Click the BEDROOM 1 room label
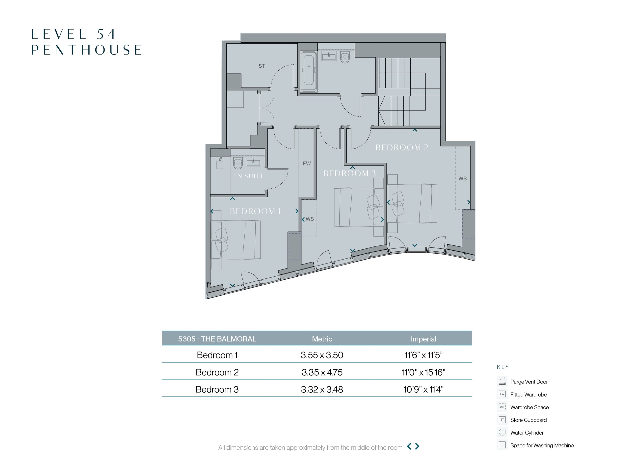(x=255, y=211)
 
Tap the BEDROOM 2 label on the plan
(x=401, y=147)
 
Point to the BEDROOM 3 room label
(x=349, y=173)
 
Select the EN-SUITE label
(x=249, y=176)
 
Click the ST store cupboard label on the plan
(x=262, y=66)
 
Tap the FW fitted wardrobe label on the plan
(x=307, y=164)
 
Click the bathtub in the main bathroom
(x=309, y=72)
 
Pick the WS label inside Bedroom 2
(x=462, y=179)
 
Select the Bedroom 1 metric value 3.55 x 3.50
(x=322, y=355)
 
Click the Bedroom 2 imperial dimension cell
(x=423, y=372)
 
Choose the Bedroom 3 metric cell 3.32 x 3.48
(x=322, y=389)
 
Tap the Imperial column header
(x=423, y=339)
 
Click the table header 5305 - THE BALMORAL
(x=217, y=339)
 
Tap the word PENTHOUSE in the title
(x=86, y=50)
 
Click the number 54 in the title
(x=106, y=34)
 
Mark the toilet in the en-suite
(x=238, y=163)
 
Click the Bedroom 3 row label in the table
(x=217, y=389)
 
